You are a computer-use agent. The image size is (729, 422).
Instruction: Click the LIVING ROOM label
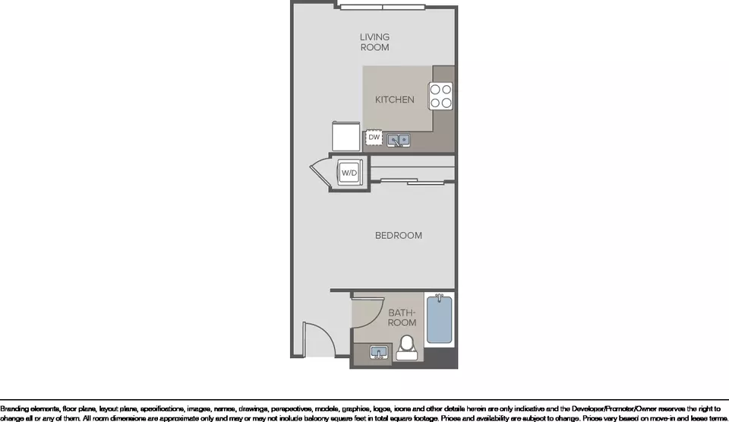point(374,42)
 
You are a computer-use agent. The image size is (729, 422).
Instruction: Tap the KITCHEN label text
point(395,100)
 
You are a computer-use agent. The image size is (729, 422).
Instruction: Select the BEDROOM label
point(399,236)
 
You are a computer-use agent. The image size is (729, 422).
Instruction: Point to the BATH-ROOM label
point(402,317)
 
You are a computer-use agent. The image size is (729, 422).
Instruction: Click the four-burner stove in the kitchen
point(440,96)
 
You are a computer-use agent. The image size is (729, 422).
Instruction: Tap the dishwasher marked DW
point(374,138)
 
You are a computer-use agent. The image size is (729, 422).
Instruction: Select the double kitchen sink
point(399,140)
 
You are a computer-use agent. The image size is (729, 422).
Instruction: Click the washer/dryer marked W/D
point(349,173)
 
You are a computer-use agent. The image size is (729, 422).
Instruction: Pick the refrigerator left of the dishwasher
point(346,136)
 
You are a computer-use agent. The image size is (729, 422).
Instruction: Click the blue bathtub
point(440,320)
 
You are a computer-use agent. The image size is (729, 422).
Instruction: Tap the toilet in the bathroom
point(407,348)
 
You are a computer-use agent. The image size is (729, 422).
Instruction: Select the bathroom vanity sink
point(379,353)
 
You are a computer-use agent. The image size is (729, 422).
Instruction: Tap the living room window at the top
point(383,7)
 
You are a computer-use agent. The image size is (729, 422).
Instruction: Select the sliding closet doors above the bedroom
point(412,182)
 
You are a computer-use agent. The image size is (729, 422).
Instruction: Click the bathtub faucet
point(439,297)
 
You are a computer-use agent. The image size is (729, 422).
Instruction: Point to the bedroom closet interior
point(412,167)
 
